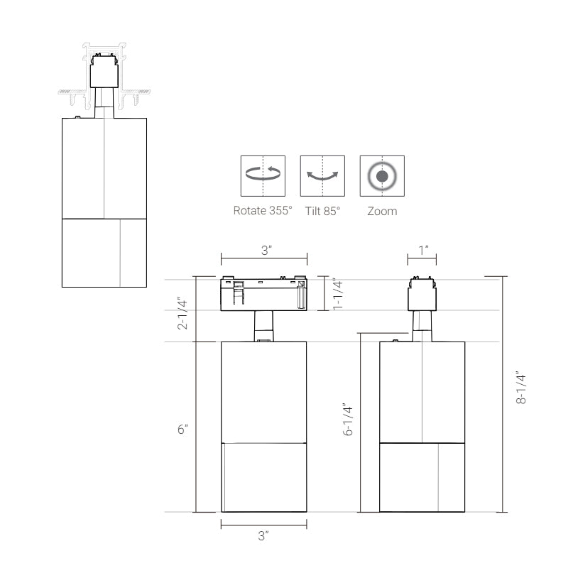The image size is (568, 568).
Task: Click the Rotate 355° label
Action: pyautogui.click(x=263, y=210)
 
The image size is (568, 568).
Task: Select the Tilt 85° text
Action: pyautogui.click(x=322, y=211)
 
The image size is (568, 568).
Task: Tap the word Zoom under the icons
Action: pyautogui.click(x=382, y=211)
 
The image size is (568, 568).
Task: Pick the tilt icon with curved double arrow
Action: pyautogui.click(x=322, y=176)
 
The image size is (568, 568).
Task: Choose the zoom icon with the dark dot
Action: pyautogui.click(x=382, y=176)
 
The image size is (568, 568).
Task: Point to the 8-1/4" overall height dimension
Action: pyautogui.click(x=521, y=387)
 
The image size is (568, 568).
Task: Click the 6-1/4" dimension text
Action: pyautogui.click(x=348, y=419)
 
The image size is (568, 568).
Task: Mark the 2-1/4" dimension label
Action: pyautogui.click(x=182, y=314)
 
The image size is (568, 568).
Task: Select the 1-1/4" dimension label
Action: pyautogui.click(x=337, y=294)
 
